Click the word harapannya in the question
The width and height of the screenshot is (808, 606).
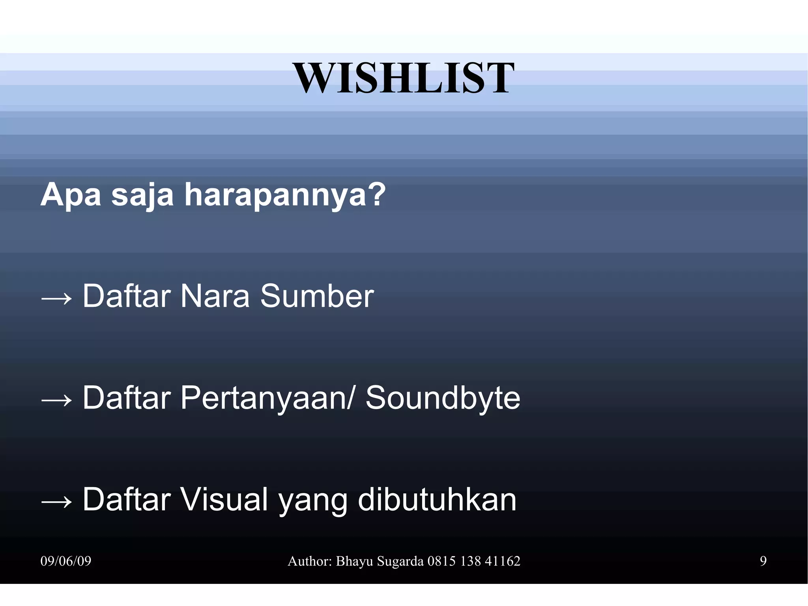click(x=285, y=195)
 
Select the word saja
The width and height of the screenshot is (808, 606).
click(x=142, y=195)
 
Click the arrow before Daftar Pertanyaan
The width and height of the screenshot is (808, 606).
click(x=56, y=399)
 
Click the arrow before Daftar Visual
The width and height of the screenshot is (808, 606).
click(x=56, y=501)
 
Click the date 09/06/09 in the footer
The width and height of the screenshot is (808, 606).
click(x=66, y=561)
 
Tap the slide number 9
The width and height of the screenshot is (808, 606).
click(x=763, y=561)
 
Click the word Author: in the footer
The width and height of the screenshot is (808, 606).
click(x=310, y=561)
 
